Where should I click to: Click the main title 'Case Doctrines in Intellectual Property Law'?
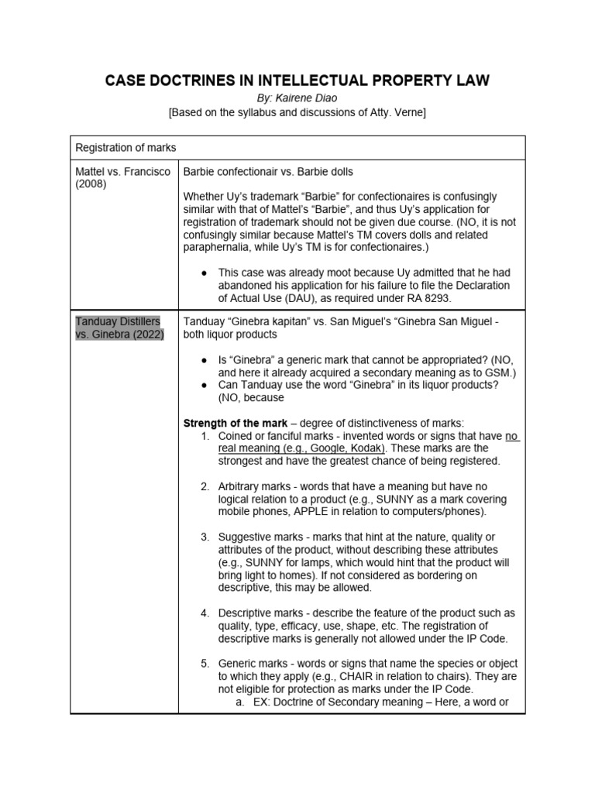pos(297,81)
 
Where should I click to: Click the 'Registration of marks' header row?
pos(126,147)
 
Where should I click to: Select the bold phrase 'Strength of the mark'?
pos(235,423)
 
